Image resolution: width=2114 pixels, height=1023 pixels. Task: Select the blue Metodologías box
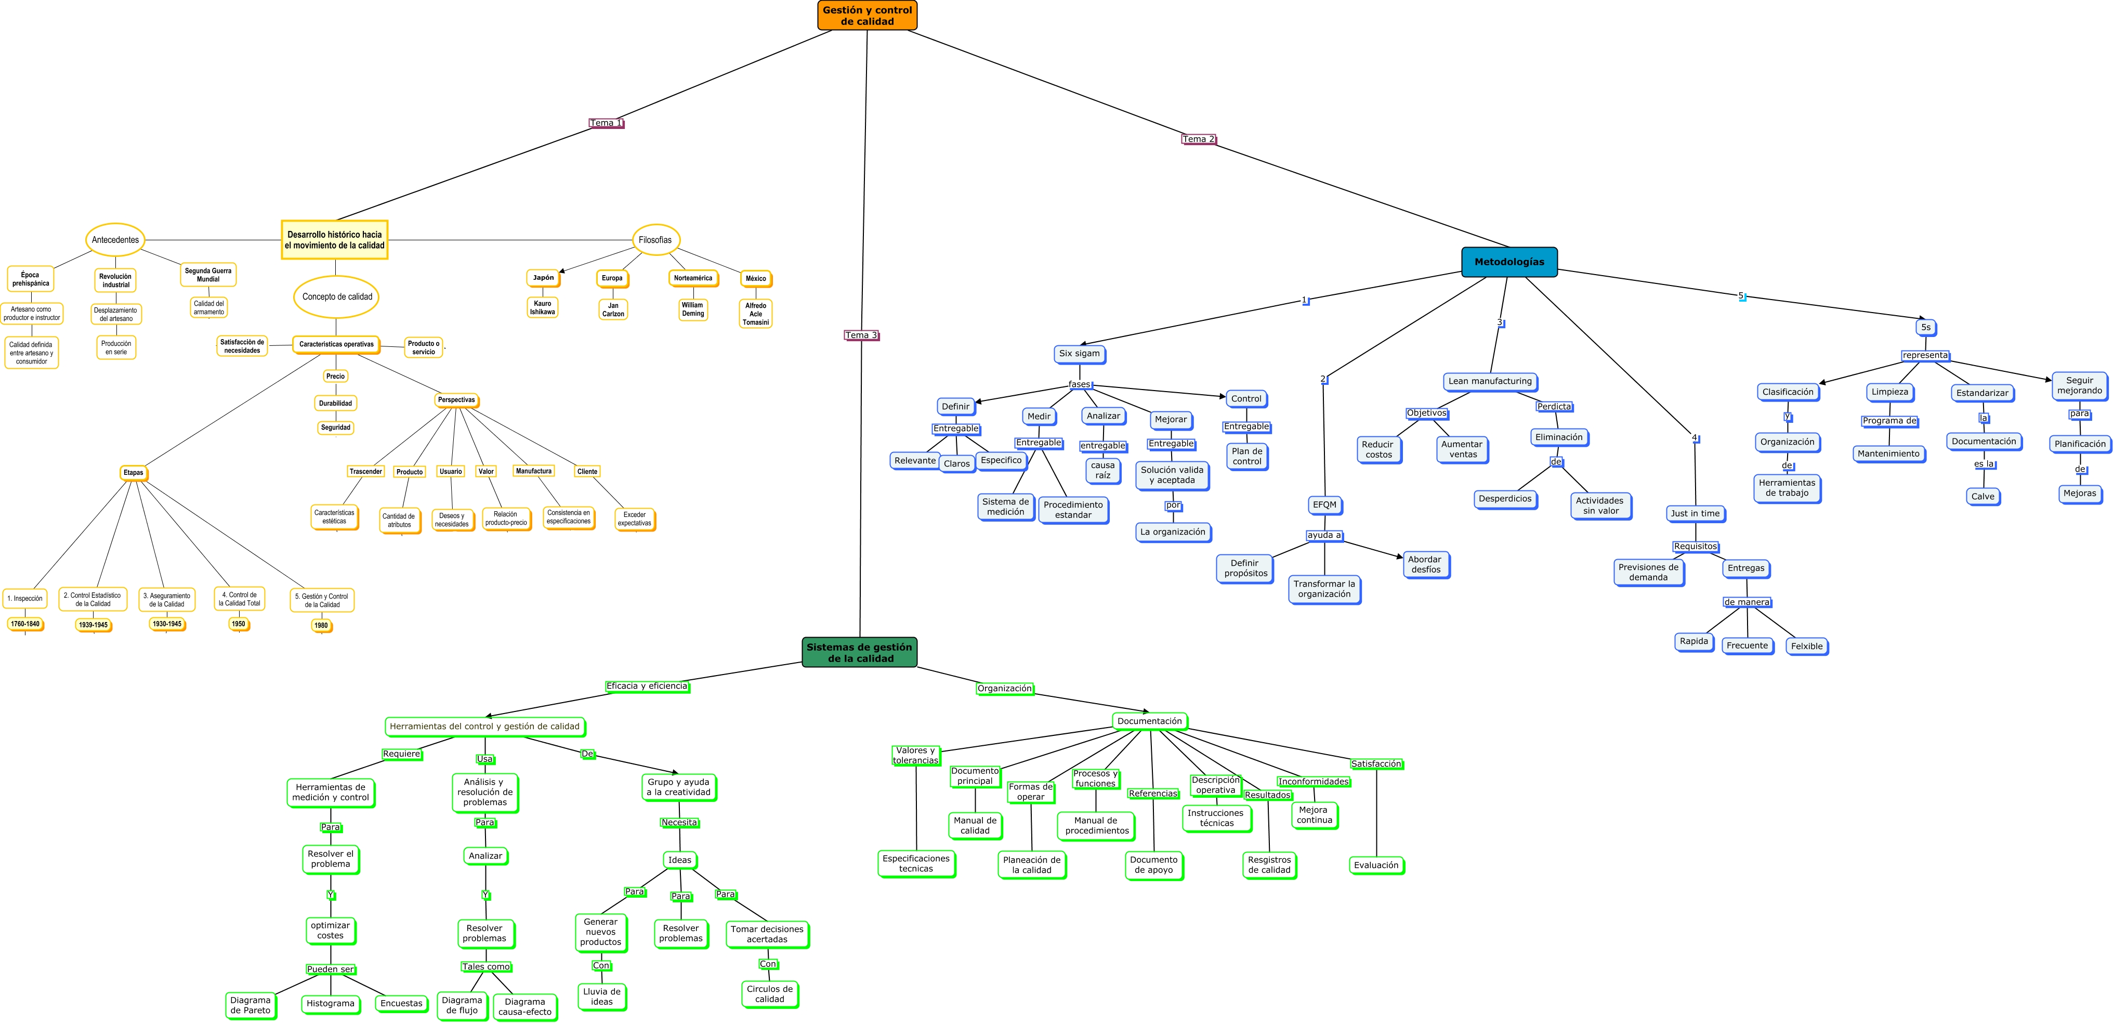pos(1508,262)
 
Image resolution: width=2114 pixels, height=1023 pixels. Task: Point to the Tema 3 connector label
pos(861,335)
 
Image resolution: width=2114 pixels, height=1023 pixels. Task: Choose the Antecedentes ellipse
pos(115,240)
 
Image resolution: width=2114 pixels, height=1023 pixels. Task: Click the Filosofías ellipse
pos(655,240)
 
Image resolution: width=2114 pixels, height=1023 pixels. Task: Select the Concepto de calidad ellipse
pos(336,296)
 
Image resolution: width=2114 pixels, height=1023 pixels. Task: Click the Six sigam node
pos(1079,354)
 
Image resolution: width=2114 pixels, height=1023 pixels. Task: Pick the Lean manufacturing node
pos(1490,381)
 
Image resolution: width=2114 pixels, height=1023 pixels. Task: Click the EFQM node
pos(1324,505)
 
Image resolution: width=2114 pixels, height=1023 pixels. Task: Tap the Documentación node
pos(1150,721)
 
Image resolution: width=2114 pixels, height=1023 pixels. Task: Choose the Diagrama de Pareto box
pos(251,1005)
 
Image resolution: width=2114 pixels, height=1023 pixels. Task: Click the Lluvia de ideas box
pos(601,996)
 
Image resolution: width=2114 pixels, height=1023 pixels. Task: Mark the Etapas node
pos(133,472)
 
